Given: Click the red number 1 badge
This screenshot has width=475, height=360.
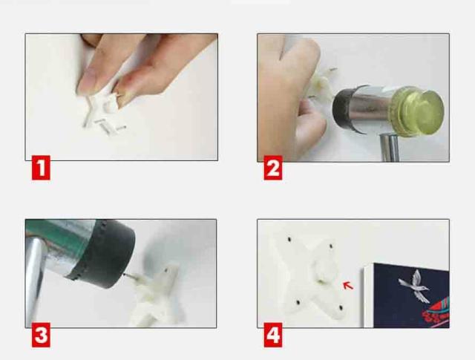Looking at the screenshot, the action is coord(41,168).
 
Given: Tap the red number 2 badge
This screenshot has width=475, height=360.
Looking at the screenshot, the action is coord(273,168).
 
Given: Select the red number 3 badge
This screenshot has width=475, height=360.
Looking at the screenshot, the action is coord(41,335).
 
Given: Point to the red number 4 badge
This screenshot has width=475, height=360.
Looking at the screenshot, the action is coord(273,335).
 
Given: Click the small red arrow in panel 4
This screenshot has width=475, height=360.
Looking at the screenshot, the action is coord(348,285).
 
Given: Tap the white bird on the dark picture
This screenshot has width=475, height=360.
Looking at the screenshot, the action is coord(414,287).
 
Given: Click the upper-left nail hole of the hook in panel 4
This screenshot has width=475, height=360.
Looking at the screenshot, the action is coord(289,239).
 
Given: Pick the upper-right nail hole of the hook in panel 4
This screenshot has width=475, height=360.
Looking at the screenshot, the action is coord(331,246).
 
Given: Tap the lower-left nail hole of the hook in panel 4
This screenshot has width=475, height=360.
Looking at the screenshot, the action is coord(298,302).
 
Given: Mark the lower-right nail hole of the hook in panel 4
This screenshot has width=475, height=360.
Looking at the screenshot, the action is coord(341,308).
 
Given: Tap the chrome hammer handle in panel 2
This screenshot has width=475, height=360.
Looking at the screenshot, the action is coord(389,148).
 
